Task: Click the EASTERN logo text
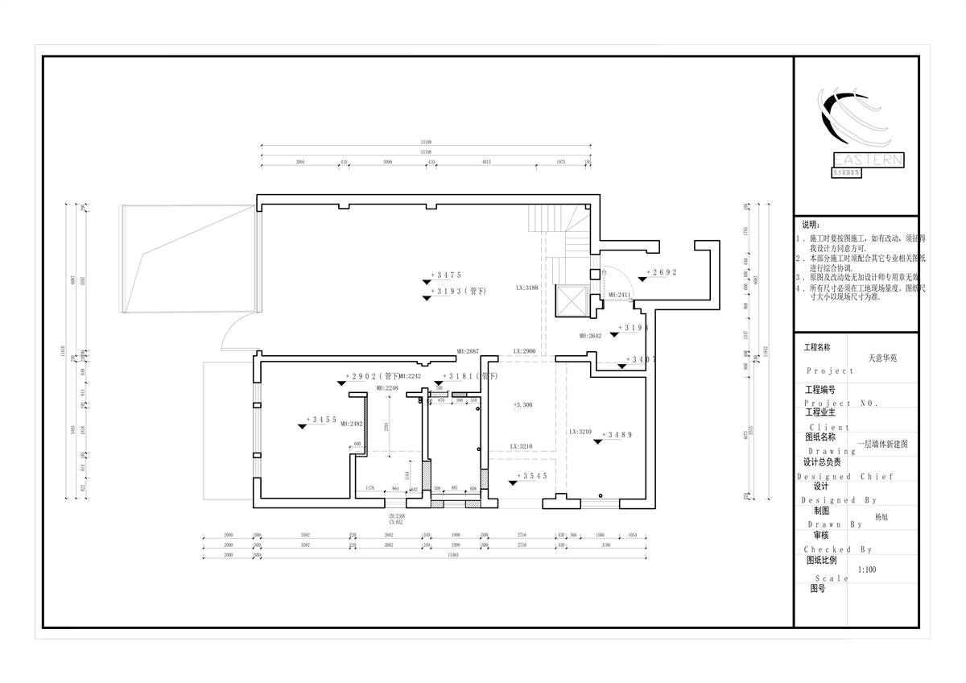[868, 160]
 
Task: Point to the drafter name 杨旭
[882, 519]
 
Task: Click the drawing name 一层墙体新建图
[882, 444]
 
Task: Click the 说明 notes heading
[810, 225]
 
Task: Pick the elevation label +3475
[446, 275]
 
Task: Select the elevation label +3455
[322, 420]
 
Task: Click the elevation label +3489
[617, 435]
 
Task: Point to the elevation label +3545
[532, 476]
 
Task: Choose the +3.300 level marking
[522, 405]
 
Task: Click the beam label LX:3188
[526, 287]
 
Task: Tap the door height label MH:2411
[620, 296]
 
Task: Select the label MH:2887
[468, 352]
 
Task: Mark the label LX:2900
[525, 352]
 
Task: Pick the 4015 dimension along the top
[486, 163]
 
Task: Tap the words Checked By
[837, 549]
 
